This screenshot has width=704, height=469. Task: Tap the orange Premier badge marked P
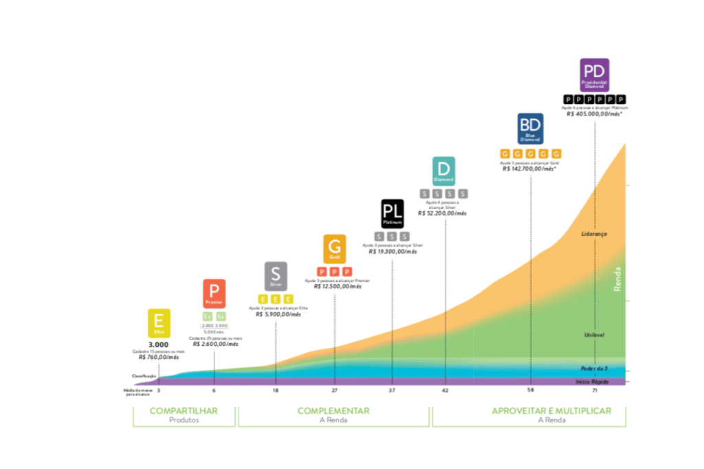click(x=214, y=294)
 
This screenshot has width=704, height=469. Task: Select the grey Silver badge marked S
click(x=276, y=276)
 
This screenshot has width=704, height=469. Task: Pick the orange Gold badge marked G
click(x=335, y=248)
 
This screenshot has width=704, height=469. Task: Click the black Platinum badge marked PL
click(x=393, y=214)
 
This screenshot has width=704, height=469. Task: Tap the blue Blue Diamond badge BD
click(x=530, y=129)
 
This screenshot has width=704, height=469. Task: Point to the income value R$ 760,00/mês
click(x=159, y=358)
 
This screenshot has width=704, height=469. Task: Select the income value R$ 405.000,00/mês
click(x=595, y=115)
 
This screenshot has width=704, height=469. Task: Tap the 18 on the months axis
click(x=276, y=391)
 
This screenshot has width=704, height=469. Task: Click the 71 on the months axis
click(x=594, y=391)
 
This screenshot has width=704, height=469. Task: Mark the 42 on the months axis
click(x=445, y=391)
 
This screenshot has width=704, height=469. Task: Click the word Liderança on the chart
click(x=595, y=234)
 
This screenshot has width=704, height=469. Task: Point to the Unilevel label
click(x=594, y=335)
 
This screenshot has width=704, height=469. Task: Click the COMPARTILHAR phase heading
click(x=184, y=411)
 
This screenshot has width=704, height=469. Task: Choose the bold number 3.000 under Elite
click(x=159, y=344)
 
